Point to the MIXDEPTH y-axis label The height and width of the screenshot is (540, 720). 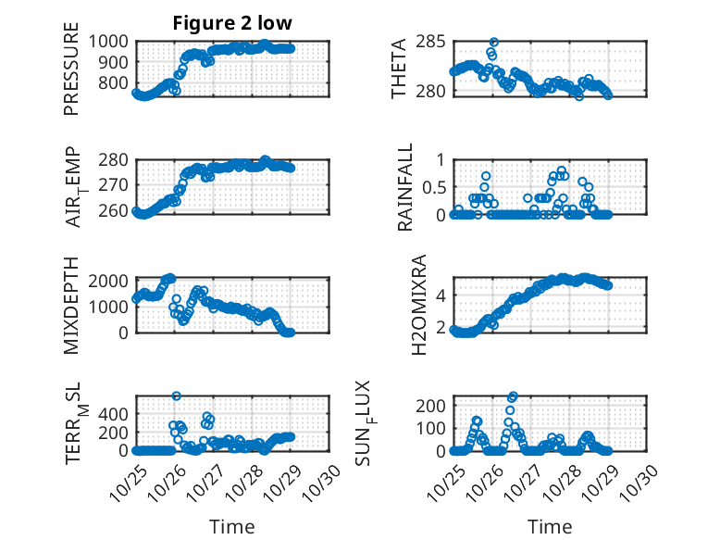click(x=71, y=305)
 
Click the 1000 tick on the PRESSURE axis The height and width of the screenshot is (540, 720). click(x=114, y=41)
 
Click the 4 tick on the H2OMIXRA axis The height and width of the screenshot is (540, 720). click(x=441, y=295)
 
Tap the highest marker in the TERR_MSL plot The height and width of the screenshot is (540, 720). click(x=176, y=396)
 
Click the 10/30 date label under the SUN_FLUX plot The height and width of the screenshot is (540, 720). click(x=643, y=481)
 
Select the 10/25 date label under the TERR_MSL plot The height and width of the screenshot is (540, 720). click(x=127, y=481)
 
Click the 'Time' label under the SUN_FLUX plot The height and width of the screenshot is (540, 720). click(x=550, y=527)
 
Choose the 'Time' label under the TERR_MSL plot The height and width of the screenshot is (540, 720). click(x=231, y=527)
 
